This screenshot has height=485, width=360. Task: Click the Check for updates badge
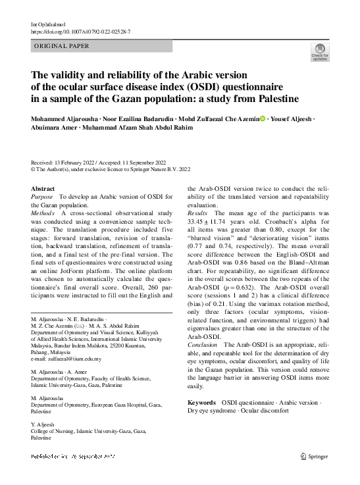point(320,52)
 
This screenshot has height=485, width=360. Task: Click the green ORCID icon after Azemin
point(262,119)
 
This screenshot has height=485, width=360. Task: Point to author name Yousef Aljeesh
point(292,119)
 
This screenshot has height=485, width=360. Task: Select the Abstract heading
point(43,189)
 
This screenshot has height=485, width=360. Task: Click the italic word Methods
point(44,213)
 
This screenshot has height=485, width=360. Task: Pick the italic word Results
point(198,213)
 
